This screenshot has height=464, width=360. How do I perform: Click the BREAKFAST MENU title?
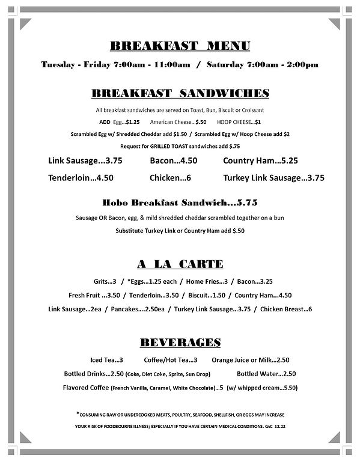[180, 46]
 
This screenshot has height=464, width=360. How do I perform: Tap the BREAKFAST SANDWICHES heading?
[180, 93]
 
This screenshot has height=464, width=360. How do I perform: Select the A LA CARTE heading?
[180, 264]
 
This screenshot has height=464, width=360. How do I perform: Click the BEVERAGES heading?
[180, 343]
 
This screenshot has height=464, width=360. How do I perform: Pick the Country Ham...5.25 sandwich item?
[260, 161]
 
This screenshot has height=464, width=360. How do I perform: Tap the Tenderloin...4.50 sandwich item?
[80, 178]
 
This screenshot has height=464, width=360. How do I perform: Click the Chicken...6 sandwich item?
[171, 178]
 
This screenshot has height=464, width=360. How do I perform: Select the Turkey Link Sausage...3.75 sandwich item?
[273, 178]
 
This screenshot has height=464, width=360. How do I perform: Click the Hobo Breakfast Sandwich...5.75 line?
[180, 201]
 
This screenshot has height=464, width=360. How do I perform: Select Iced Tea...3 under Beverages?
[106, 359]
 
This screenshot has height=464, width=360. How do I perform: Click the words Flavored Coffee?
[85, 388]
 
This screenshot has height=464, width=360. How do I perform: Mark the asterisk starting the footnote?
[78, 414]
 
